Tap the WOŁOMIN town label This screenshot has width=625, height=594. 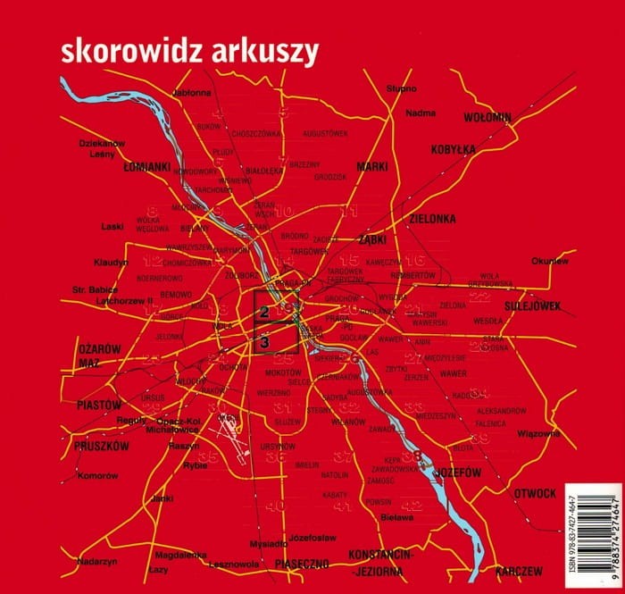[x=487, y=117]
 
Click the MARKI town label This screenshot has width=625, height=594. [x=371, y=167]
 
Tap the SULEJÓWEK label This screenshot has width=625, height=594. [x=530, y=305]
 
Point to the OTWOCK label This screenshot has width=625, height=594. [x=535, y=493]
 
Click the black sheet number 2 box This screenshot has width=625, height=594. [x=265, y=313]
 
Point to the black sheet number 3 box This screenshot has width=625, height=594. [x=265, y=340]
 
